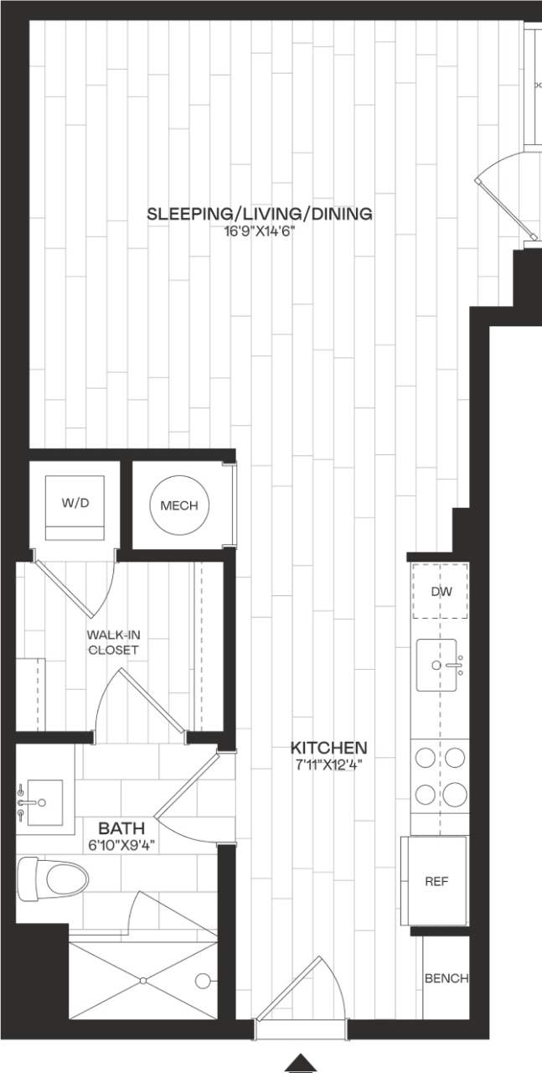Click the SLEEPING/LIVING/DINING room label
260,214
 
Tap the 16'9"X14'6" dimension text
260,231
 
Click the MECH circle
179,505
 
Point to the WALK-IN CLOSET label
112,642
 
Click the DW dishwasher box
441,592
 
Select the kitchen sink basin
436,665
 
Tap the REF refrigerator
435,881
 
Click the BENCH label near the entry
446,978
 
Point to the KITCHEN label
328,747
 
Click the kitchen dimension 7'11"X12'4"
328,764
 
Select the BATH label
113,828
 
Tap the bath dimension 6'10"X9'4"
122,845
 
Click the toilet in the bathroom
55,879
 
